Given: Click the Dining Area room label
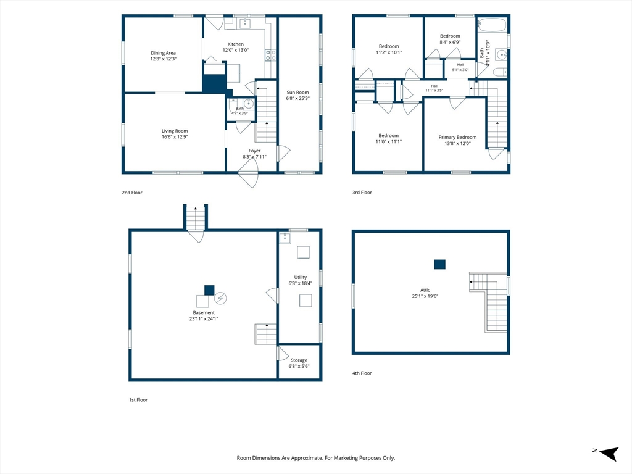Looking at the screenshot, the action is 163,56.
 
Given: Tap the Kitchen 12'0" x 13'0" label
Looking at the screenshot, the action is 236,47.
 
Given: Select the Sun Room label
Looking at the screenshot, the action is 298,95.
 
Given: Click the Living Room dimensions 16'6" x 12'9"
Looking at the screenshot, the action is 175,137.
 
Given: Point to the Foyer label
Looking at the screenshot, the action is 254,151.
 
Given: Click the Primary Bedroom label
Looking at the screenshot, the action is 457,138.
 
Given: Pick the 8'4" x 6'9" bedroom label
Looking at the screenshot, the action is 450,39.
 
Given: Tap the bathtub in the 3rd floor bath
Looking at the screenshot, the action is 491,25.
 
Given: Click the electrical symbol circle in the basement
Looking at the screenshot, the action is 220,298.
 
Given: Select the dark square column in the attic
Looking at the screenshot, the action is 439,264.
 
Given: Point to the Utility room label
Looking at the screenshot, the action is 301,277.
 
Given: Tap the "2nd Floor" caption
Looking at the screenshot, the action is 132,193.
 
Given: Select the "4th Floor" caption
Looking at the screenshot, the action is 362,373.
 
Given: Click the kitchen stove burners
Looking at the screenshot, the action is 270,55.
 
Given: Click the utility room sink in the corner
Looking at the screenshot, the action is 285,238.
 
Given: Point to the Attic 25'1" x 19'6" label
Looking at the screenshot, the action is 425,293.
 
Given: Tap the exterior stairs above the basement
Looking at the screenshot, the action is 196,217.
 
